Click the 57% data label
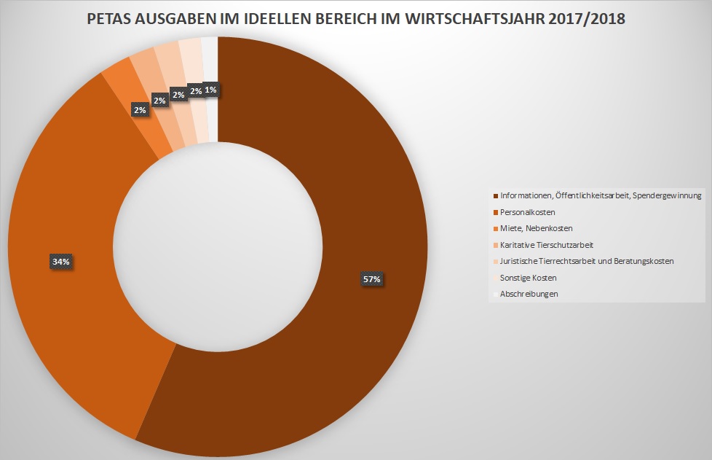click(373, 278)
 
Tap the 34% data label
click(61, 261)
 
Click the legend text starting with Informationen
click(601, 195)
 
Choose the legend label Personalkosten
click(528, 212)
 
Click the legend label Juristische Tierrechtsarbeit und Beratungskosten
click(587, 261)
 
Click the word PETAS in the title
click(110, 19)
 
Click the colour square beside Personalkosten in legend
click(496, 212)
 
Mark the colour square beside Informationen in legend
click(496, 195)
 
